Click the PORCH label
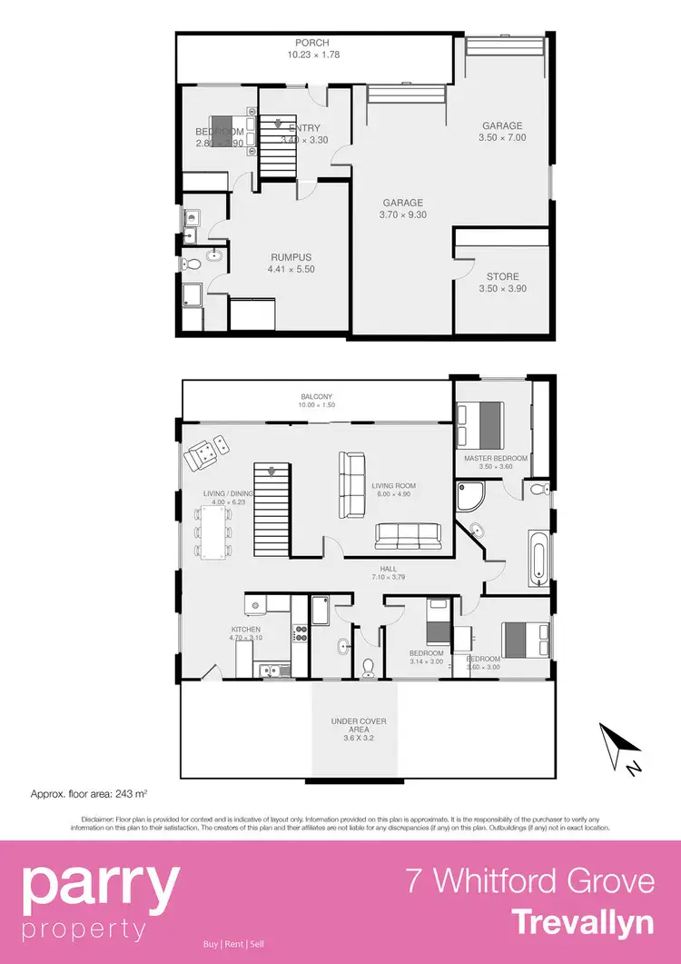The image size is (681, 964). (311, 43)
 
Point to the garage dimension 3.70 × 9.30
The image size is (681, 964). (401, 215)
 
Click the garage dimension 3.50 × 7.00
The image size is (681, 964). (502, 138)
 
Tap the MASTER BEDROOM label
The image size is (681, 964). (495, 458)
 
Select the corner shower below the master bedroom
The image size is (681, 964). (471, 496)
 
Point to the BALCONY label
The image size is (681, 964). (318, 397)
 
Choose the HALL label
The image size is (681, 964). (363, 568)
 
